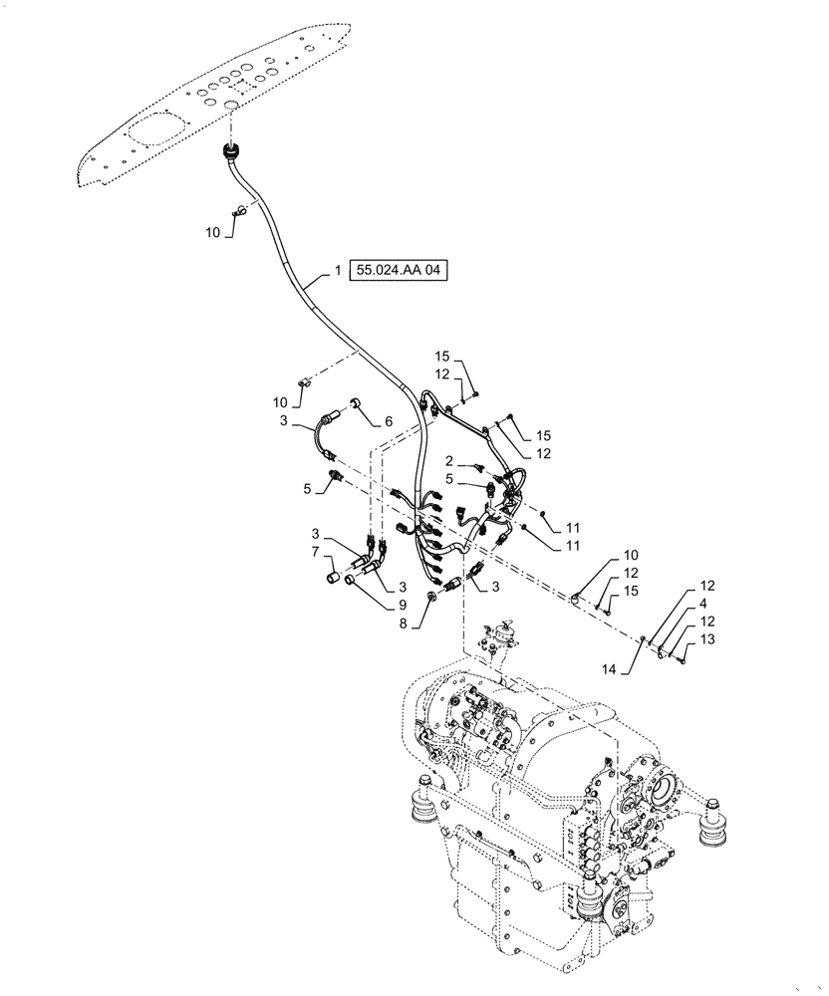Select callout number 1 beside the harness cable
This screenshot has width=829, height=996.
tap(337, 271)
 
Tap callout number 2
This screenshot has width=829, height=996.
tap(450, 462)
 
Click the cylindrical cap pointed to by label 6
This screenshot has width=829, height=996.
tap(355, 404)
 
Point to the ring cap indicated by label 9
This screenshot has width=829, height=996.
tap(353, 581)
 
